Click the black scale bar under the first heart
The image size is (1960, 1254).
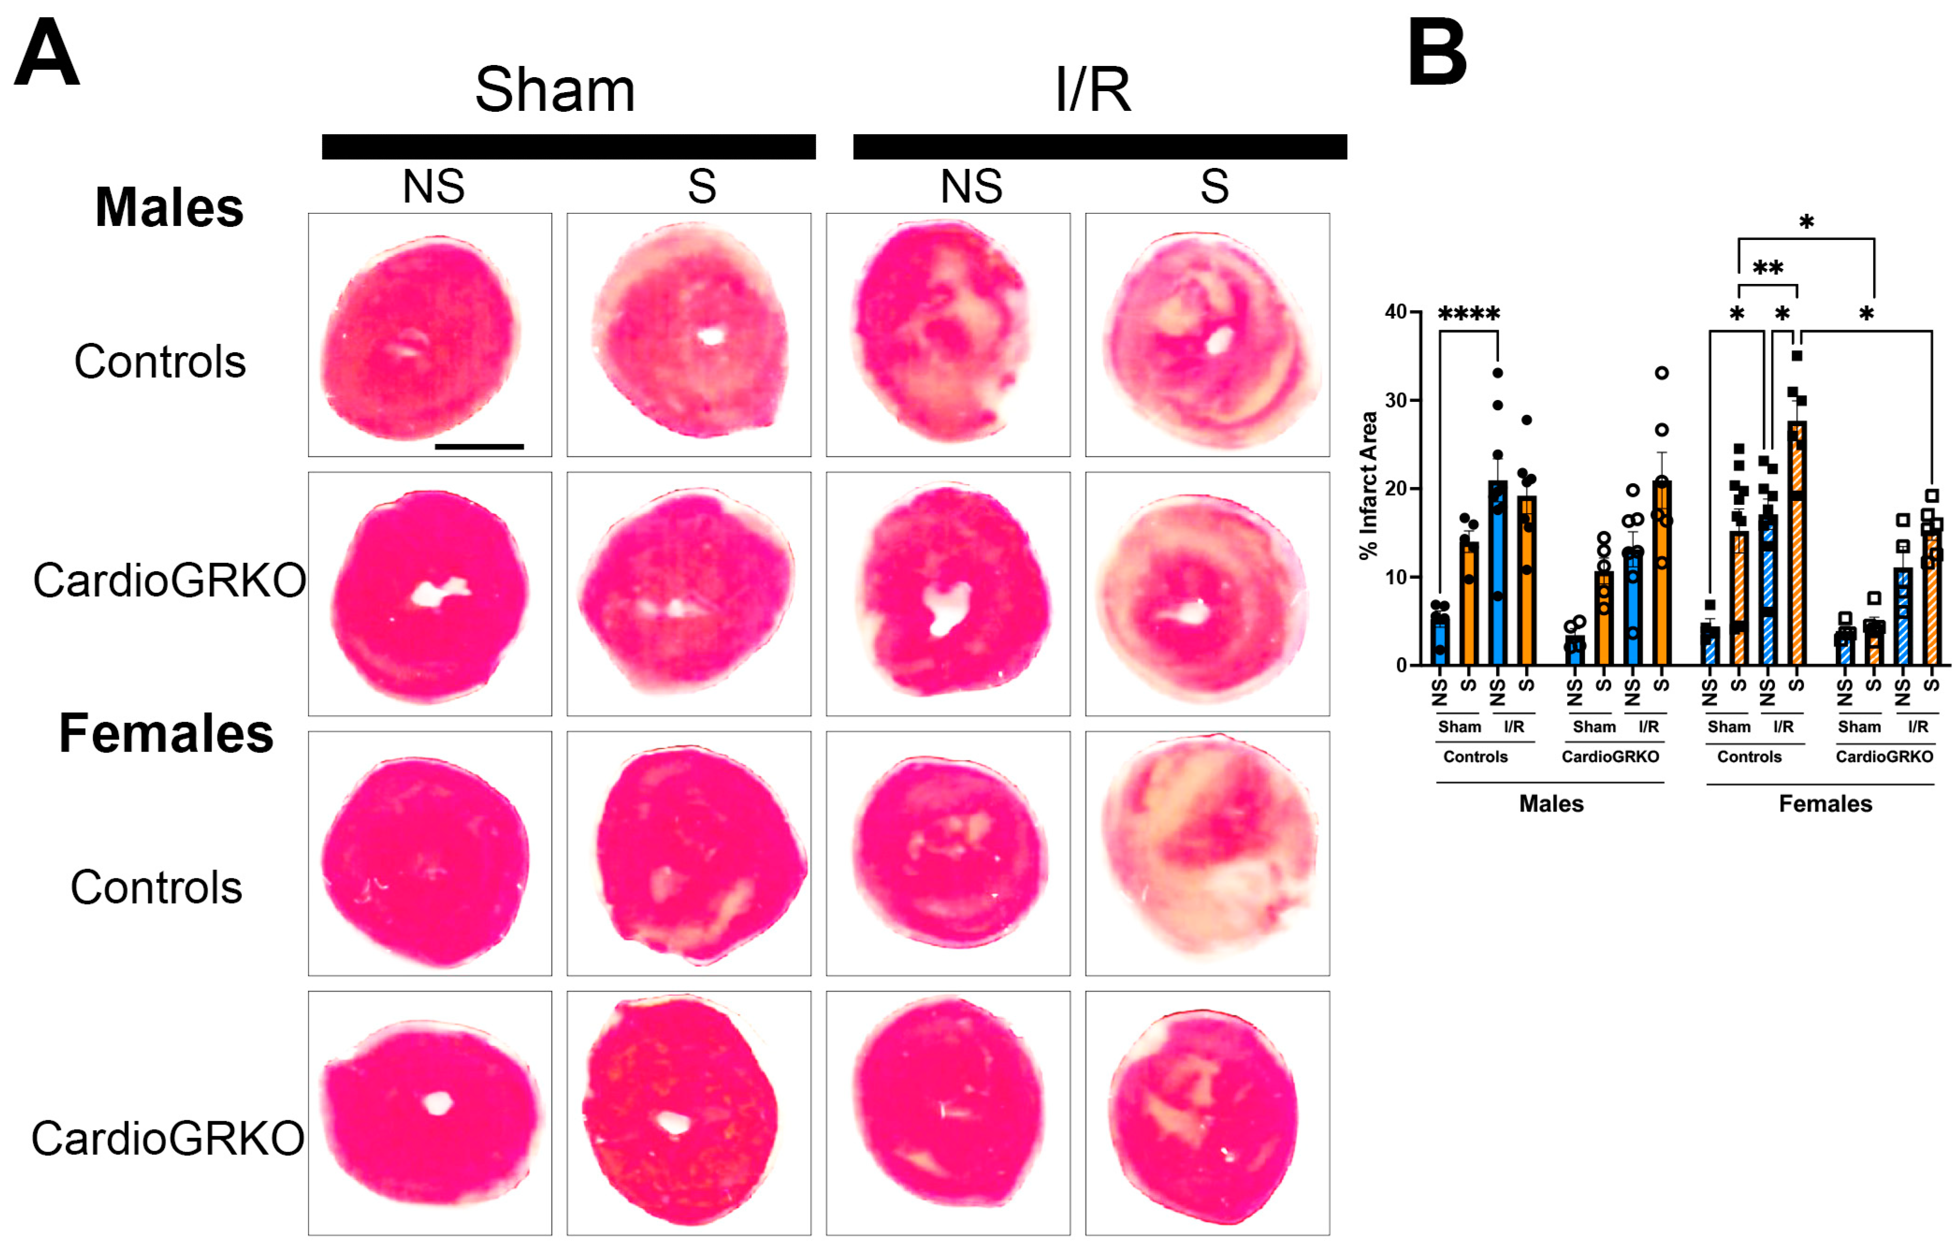pos(479,446)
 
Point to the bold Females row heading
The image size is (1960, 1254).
pos(166,734)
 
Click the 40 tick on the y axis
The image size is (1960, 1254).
pos(1396,312)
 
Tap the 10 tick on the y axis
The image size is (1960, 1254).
pos(1396,577)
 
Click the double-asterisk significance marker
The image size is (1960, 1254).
pos(1768,268)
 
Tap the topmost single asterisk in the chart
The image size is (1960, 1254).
pos(1806,222)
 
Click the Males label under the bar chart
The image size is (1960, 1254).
pos(1551,805)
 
